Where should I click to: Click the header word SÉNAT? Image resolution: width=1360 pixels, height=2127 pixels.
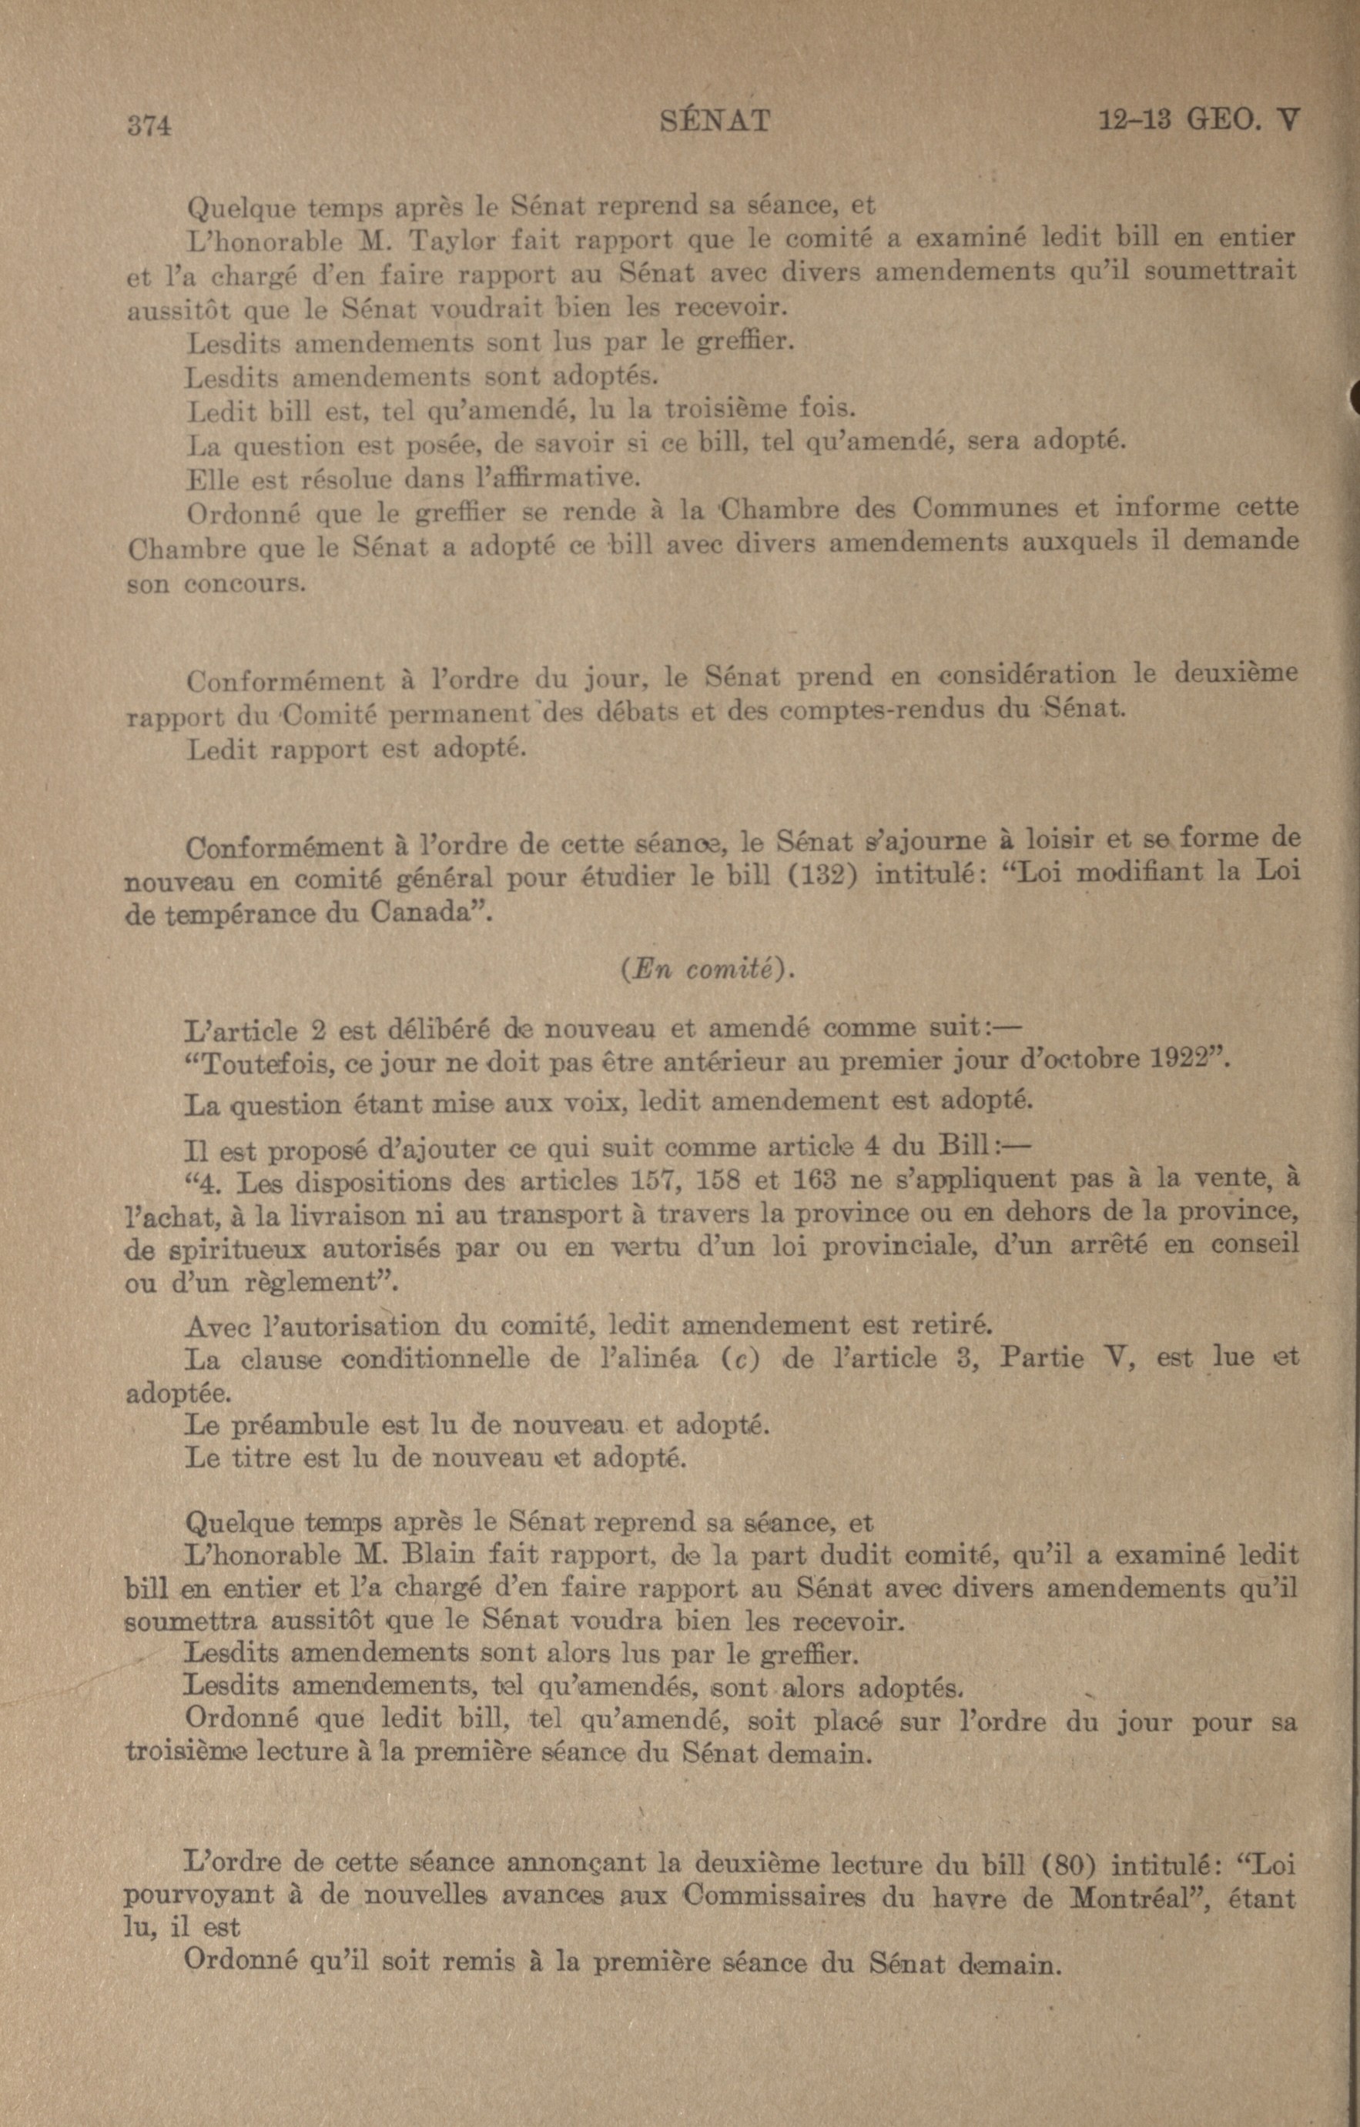(x=715, y=121)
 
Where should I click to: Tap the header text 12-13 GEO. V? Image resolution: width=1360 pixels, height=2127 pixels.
(x=1198, y=119)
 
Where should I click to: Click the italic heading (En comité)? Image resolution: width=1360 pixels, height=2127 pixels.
(x=707, y=970)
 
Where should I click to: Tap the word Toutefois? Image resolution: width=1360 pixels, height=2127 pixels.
(x=261, y=1063)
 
